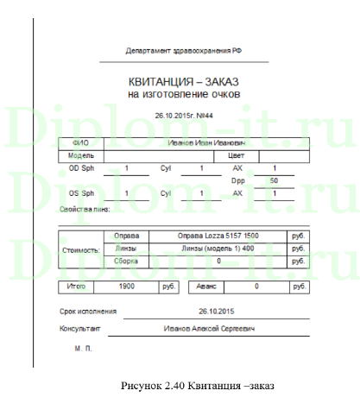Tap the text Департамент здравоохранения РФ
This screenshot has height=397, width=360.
(183, 53)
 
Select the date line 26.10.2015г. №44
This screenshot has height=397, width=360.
(183, 115)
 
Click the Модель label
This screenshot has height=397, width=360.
(80, 155)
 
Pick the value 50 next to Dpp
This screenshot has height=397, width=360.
(274, 180)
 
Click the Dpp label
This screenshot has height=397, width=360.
(238, 180)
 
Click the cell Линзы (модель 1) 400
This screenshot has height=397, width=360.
(218, 248)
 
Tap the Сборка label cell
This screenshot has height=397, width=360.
(125, 260)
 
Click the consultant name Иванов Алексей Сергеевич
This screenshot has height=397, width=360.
(211, 329)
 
